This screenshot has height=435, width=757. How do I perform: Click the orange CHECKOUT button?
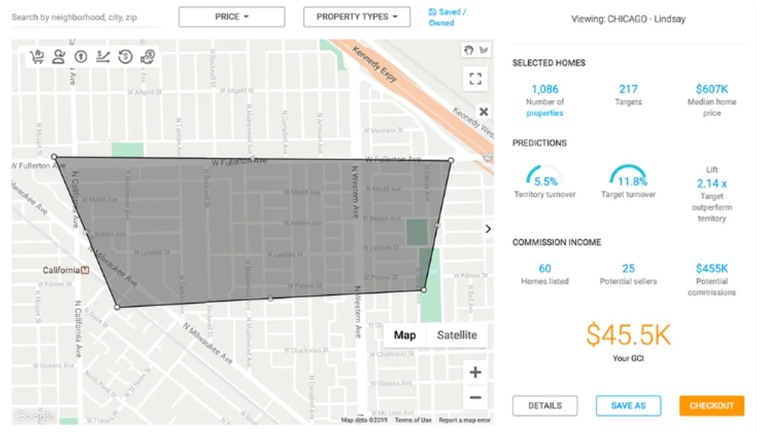[x=711, y=405]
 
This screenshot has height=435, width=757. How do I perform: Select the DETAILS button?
[x=545, y=405]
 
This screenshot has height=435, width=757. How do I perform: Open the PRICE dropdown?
[x=231, y=17]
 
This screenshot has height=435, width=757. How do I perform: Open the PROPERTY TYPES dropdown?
[x=356, y=17]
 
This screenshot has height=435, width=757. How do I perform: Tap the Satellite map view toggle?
[x=457, y=335]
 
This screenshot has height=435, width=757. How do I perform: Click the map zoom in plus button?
[x=475, y=372]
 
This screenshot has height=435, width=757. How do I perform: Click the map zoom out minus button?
[x=475, y=398]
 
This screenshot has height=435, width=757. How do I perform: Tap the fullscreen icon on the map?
[x=475, y=79]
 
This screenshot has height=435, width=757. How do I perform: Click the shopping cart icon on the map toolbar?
[x=37, y=57]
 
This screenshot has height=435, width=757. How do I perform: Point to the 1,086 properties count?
[x=544, y=89]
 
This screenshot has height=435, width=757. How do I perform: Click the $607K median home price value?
[x=711, y=89]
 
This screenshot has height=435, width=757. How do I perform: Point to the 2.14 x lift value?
[x=711, y=183]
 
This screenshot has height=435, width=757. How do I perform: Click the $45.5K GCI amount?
[x=628, y=335]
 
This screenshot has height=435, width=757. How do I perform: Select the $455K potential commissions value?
[x=711, y=268]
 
